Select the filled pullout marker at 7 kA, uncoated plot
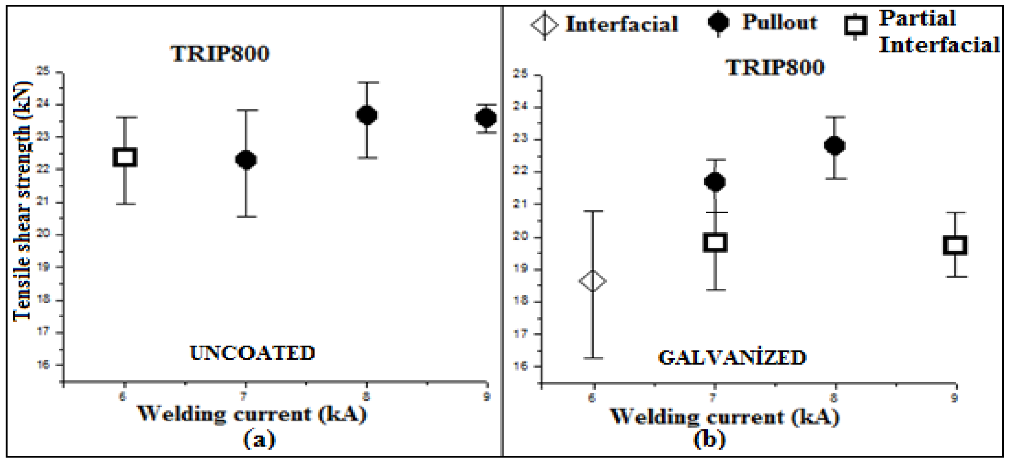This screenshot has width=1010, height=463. pyautogui.click(x=246, y=160)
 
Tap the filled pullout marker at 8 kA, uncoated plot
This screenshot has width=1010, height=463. pyautogui.click(x=367, y=115)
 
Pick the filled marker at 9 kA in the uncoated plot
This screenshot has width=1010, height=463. pyautogui.click(x=486, y=117)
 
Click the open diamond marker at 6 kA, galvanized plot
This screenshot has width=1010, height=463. pyautogui.click(x=592, y=281)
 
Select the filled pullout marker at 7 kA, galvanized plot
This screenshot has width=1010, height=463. pyautogui.click(x=715, y=182)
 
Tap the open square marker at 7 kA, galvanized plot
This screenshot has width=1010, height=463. pyautogui.click(x=715, y=242)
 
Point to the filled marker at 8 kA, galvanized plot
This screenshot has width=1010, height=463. pyautogui.click(x=835, y=146)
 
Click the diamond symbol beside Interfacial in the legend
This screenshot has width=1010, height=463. pyautogui.click(x=545, y=25)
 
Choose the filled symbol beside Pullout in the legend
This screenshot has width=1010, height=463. pyautogui.click(x=718, y=22)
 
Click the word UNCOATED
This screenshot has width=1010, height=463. pyautogui.click(x=252, y=353)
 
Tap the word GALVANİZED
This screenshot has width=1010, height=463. pyautogui.click(x=732, y=357)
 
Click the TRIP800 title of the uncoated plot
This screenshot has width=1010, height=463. pyautogui.click(x=220, y=53)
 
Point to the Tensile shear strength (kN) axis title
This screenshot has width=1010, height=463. pyautogui.click(x=22, y=201)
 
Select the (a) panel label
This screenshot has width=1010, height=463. pyautogui.click(x=259, y=439)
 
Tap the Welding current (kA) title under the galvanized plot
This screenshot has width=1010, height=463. pyautogui.click(x=725, y=416)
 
